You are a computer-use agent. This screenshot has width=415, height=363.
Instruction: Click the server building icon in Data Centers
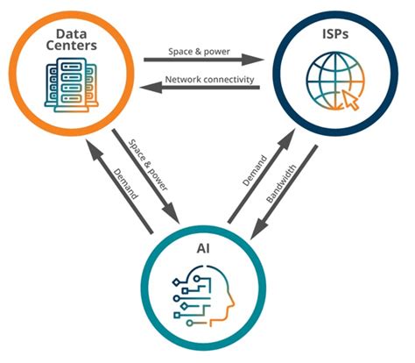(73, 82)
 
